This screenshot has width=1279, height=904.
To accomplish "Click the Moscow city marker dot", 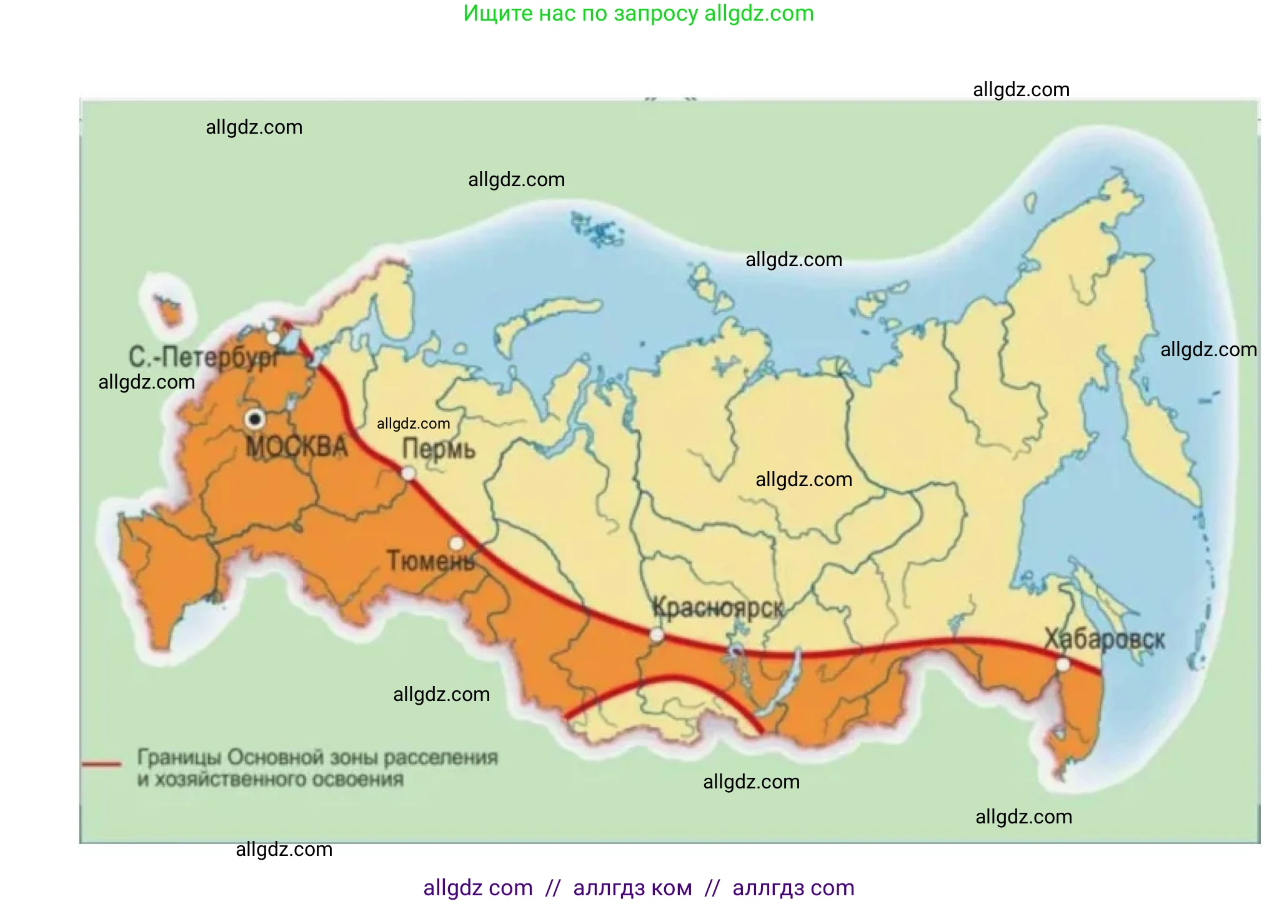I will click(255, 419).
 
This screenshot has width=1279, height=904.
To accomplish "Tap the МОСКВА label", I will click(296, 447).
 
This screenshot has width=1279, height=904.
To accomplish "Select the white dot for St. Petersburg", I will click(274, 338).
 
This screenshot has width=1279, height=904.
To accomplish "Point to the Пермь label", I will click(439, 449).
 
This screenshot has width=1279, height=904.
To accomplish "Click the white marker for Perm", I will click(408, 474).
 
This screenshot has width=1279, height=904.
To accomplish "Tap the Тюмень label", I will click(430, 560).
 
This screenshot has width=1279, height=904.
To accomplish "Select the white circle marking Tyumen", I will click(457, 542).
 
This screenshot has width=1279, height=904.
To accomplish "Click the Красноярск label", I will click(718, 607).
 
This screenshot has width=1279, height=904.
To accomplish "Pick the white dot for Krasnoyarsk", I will click(657, 635).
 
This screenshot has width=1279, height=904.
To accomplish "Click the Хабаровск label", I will click(1105, 639).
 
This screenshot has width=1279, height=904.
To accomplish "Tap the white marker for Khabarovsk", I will click(1063, 665).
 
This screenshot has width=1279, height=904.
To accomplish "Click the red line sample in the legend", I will click(102, 763).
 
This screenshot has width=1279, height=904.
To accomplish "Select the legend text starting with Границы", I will click(317, 768).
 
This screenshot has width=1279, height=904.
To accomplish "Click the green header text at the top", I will click(639, 13).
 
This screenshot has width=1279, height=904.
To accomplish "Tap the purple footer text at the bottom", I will click(639, 887).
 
